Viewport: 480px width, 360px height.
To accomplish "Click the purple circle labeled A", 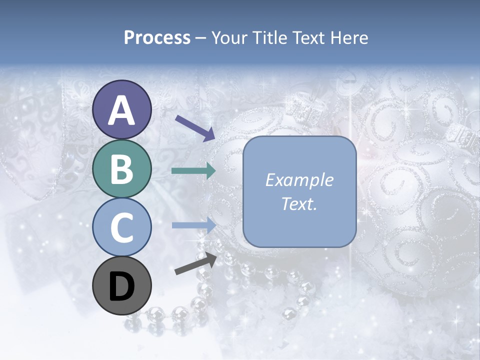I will point(121,109).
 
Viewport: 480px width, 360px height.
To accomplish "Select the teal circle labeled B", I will point(121,168).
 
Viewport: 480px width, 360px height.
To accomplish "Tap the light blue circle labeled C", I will point(121,227).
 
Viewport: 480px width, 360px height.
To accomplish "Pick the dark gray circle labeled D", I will point(121,286).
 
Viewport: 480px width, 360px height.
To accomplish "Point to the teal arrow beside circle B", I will point(193,171).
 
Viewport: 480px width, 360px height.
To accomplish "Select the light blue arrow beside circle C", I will point(193,225).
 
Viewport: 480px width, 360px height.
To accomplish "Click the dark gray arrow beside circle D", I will point(196,263).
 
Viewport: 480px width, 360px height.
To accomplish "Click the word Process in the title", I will point(157,37).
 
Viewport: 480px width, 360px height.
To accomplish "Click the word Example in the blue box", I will point(299,180).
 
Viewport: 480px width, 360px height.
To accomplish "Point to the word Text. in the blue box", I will point(299,203).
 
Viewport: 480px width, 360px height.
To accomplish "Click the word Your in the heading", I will point(228,37).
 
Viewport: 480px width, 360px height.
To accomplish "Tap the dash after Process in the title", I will point(201,38).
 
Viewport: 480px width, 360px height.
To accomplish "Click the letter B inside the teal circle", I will point(121,169).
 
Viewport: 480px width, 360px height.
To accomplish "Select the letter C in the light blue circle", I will point(121,228).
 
